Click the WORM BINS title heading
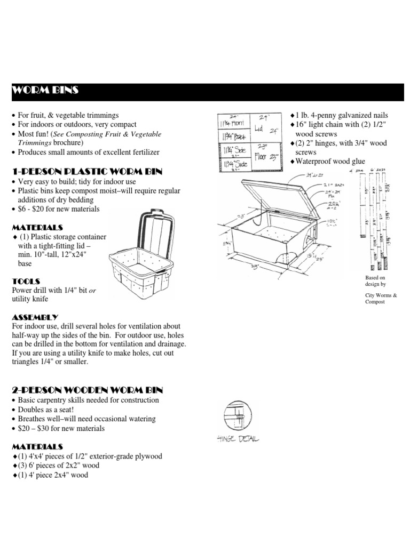click(45, 91)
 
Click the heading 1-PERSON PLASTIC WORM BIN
click(80, 171)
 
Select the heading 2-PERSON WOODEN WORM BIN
click(80, 390)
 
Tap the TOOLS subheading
click(26, 280)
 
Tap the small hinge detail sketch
click(235, 416)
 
